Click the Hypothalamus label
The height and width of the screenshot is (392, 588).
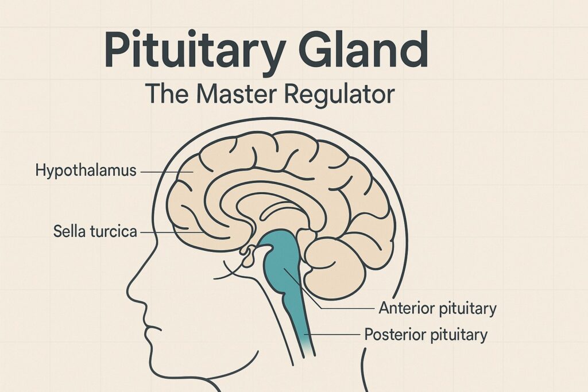[x=86, y=170]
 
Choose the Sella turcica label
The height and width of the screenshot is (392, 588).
[x=95, y=232]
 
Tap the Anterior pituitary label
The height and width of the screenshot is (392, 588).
[x=437, y=309]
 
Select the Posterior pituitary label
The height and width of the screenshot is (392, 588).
[x=425, y=334]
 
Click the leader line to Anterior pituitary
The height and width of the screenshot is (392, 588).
[x=345, y=309]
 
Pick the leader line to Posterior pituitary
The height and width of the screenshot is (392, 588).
[x=333, y=334]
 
